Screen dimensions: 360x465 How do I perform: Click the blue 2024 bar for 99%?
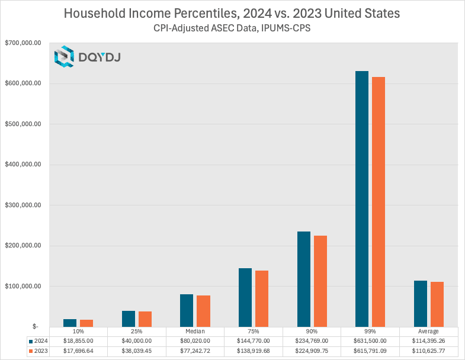coord(361,199)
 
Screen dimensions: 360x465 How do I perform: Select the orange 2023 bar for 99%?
coord(378,202)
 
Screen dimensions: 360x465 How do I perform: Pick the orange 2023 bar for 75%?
coord(262,298)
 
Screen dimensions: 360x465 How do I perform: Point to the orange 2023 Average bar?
coord(437,304)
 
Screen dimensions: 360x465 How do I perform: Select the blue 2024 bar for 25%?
coord(129,319)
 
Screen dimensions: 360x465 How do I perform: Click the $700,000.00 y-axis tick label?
coord(23,43)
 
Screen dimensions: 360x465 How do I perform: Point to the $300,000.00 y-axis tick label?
coord(23,205)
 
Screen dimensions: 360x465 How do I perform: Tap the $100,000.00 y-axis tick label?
coord(23,287)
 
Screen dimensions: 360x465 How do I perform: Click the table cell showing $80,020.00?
coord(195,341)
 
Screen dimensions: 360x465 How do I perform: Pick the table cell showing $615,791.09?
coord(370,351)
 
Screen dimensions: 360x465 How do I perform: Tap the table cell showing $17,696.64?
coord(78,351)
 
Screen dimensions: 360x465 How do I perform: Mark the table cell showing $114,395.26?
coord(429,341)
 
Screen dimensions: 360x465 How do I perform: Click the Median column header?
coord(195,332)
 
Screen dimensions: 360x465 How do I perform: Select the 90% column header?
coord(312,332)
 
